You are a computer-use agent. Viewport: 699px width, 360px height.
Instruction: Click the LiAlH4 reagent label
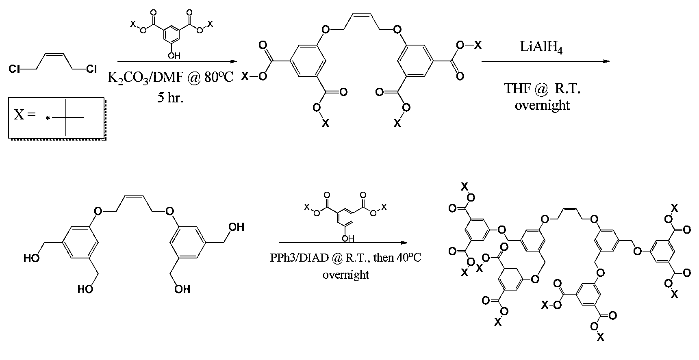(542, 47)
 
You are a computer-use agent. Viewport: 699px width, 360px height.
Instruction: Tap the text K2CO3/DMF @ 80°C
(170, 77)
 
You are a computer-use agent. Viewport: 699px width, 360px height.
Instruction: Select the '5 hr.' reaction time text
(170, 98)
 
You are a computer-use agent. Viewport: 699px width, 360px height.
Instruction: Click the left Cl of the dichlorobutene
(14, 69)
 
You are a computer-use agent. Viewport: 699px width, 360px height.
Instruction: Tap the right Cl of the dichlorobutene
(91, 69)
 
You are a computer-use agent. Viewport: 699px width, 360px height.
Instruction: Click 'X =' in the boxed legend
(24, 115)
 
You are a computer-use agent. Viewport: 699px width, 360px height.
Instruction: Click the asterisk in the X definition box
(48, 119)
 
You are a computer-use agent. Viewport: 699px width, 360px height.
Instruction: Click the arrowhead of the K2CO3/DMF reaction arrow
(233, 62)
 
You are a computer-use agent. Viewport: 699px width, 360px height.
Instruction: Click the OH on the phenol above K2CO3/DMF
(174, 56)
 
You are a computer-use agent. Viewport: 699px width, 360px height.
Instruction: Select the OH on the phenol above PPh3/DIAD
(348, 239)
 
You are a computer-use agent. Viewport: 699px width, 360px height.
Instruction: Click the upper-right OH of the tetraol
(237, 227)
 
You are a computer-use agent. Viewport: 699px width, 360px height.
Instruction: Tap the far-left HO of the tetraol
(31, 258)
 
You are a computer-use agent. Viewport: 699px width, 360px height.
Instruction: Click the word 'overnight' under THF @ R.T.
(543, 105)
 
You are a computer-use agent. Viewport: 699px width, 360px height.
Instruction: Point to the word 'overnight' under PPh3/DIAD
(346, 275)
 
